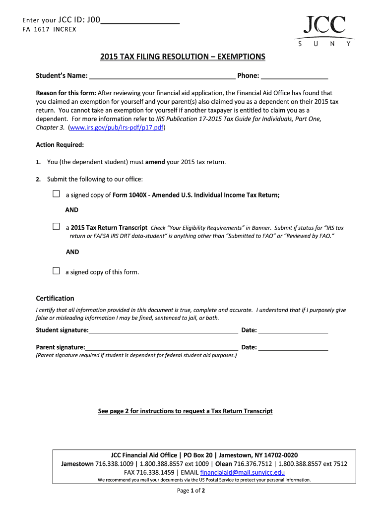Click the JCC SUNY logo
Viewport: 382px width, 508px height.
tap(324, 31)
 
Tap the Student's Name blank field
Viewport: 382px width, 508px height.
tap(162, 76)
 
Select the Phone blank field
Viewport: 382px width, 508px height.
tap(294, 76)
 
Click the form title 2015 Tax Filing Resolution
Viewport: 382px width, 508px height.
tap(183, 57)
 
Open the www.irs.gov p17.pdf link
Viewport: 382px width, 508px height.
tap(117, 127)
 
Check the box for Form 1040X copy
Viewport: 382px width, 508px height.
tap(56, 194)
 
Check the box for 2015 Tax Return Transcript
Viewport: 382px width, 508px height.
tap(56, 227)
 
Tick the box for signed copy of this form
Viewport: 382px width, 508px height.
tap(56, 271)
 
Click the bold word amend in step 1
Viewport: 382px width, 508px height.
tap(155, 162)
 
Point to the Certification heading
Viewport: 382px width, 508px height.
tap(55, 299)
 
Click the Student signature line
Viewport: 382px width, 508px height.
tap(163, 331)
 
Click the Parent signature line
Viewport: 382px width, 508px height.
tap(161, 348)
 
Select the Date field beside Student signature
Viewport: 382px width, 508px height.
tap(293, 331)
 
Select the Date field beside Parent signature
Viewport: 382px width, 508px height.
tap(293, 348)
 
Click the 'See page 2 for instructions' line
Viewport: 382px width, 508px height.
tap(185, 411)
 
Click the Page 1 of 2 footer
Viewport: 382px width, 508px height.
tap(191, 491)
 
